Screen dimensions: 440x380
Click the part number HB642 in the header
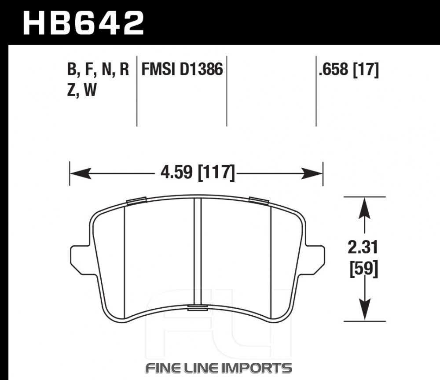pos(83,23)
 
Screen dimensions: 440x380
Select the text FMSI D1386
pos(182,69)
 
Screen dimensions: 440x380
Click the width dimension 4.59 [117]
pos(198,173)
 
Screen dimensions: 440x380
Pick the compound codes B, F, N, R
pos(98,70)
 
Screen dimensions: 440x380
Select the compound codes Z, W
pos(82,90)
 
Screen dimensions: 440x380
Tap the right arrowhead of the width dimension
pos(312,173)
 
